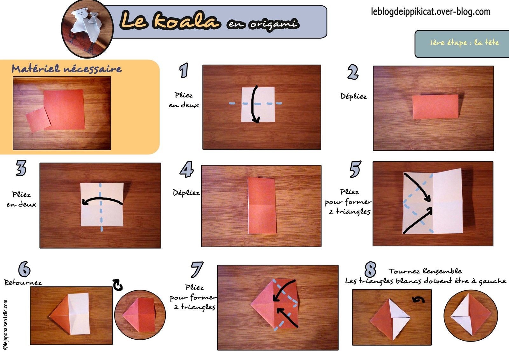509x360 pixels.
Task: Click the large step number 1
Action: pos(184,70)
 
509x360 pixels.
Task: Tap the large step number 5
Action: pos(355,169)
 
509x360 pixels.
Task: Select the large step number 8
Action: pos(370,270)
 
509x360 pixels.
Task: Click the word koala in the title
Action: pos(186,21)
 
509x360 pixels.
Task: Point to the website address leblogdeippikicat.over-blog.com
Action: pos(430,12)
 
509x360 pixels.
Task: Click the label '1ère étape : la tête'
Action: pos(464,43)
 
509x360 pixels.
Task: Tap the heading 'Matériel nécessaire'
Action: pos(66,69)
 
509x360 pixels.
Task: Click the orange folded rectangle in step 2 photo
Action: pos(436,107)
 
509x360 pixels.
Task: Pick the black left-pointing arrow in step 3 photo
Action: pos(102,201)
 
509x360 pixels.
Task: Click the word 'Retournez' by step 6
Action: pos(23,282)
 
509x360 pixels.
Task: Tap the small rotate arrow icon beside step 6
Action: pos(118,285)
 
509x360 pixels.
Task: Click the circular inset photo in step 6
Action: pos(140,315)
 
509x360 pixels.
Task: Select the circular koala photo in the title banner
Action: pos(87,29)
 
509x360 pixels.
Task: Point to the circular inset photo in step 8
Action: pos(470,315)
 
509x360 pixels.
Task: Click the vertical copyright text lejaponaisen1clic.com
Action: pos(5,325)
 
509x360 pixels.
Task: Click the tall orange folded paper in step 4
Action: pos(261,206)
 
